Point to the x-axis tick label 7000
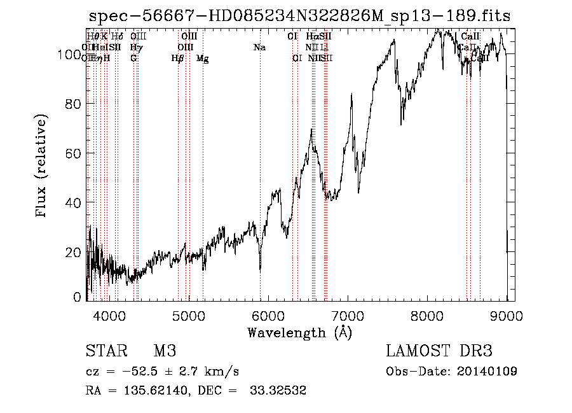pos(348,314)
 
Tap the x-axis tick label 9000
pos(507,314)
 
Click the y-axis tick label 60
pos(75,153)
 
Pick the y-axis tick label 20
pos(75,252)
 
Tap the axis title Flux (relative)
pos(43,167)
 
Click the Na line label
pos(259,48)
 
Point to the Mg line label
pos(202,59)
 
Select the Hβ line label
pos(177,59)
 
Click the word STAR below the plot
pos(106,351)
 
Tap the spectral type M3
pos(165,351)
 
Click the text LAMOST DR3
pos(439,351)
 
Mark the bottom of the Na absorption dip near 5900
pos(260,270)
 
